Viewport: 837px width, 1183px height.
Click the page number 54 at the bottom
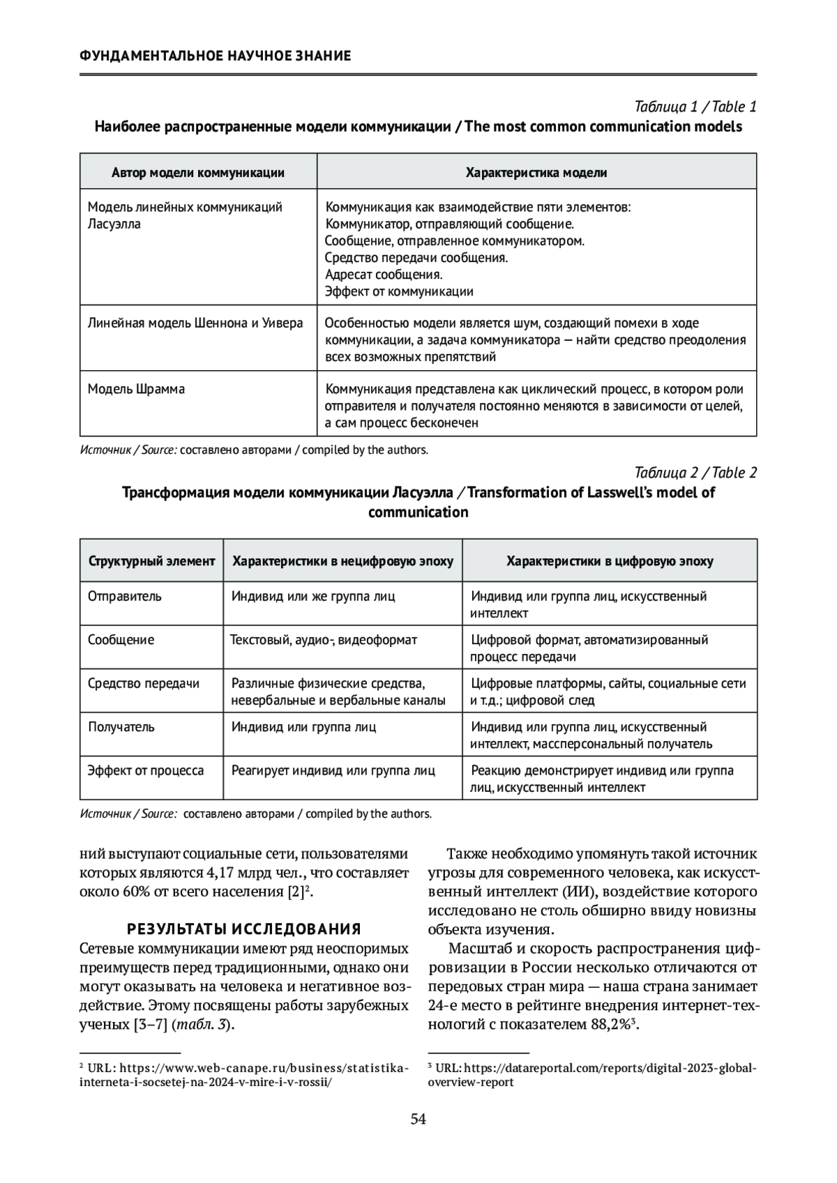click(x=418, y=1120)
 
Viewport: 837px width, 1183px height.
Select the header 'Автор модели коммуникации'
click(x=198, y=173)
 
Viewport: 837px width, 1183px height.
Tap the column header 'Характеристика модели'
click(x=536, y=173)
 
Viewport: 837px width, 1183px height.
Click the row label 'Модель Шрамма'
click(x=136, y=389)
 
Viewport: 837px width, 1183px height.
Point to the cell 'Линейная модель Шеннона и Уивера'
click(x=195, y=323)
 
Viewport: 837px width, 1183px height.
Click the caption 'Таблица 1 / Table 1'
click(x=695, y=107)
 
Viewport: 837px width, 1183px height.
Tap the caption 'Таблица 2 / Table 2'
click(x=695, y=473)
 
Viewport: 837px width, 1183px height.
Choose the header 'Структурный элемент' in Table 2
click(x=151, y=561)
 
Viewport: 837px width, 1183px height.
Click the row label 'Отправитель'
click(x=125, y=597)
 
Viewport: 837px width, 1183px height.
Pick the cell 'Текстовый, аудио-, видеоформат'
click(x=324, y=640)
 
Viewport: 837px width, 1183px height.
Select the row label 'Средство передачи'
click(x=144, y=684)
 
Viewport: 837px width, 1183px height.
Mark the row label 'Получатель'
click(x=121, y=727)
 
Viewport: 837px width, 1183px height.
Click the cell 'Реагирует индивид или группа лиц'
click(x=333, y=771)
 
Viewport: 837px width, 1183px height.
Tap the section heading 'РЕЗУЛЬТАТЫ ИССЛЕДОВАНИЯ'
click(x=243, y=929)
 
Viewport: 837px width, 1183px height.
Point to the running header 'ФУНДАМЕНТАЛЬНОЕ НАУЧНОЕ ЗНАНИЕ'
click(x=216, y=56)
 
